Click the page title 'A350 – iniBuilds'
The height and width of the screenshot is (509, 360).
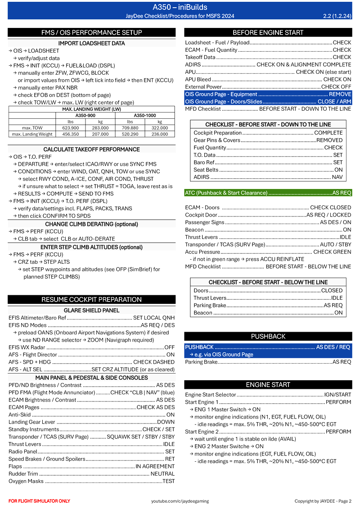click(180, 7)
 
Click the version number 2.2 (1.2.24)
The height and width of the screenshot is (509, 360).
click(337, 16)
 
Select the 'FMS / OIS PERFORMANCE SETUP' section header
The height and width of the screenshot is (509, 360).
click(92, 32)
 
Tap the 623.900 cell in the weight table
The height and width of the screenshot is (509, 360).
click(68, 128)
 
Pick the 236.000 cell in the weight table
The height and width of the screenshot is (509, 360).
click(159, 134)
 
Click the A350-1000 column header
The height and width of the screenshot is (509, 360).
click(144, 115)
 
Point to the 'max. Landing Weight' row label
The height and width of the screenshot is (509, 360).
click(32, 134)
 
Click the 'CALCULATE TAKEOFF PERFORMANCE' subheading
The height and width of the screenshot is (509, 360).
click(91, 149)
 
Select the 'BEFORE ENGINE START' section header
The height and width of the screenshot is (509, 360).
click(268, 32)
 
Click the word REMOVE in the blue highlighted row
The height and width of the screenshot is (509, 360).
click(340, 95)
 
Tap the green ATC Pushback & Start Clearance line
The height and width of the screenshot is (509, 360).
click(268, 193)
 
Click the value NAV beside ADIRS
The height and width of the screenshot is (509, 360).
click(337, 177)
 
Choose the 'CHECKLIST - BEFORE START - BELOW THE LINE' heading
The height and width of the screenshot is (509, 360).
click(268, 282)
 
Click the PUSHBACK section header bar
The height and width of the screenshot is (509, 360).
click(268, 336)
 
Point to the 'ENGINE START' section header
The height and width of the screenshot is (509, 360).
click(268, 385)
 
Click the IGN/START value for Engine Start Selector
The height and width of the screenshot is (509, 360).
click(337, 395)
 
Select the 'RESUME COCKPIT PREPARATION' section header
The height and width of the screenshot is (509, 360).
click(92, 299)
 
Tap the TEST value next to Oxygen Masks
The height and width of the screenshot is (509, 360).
click(168, 481)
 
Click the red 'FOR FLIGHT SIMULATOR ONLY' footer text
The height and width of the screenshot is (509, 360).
click(39, 501)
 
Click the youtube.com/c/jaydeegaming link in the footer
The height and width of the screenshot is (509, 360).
click(179, 501)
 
